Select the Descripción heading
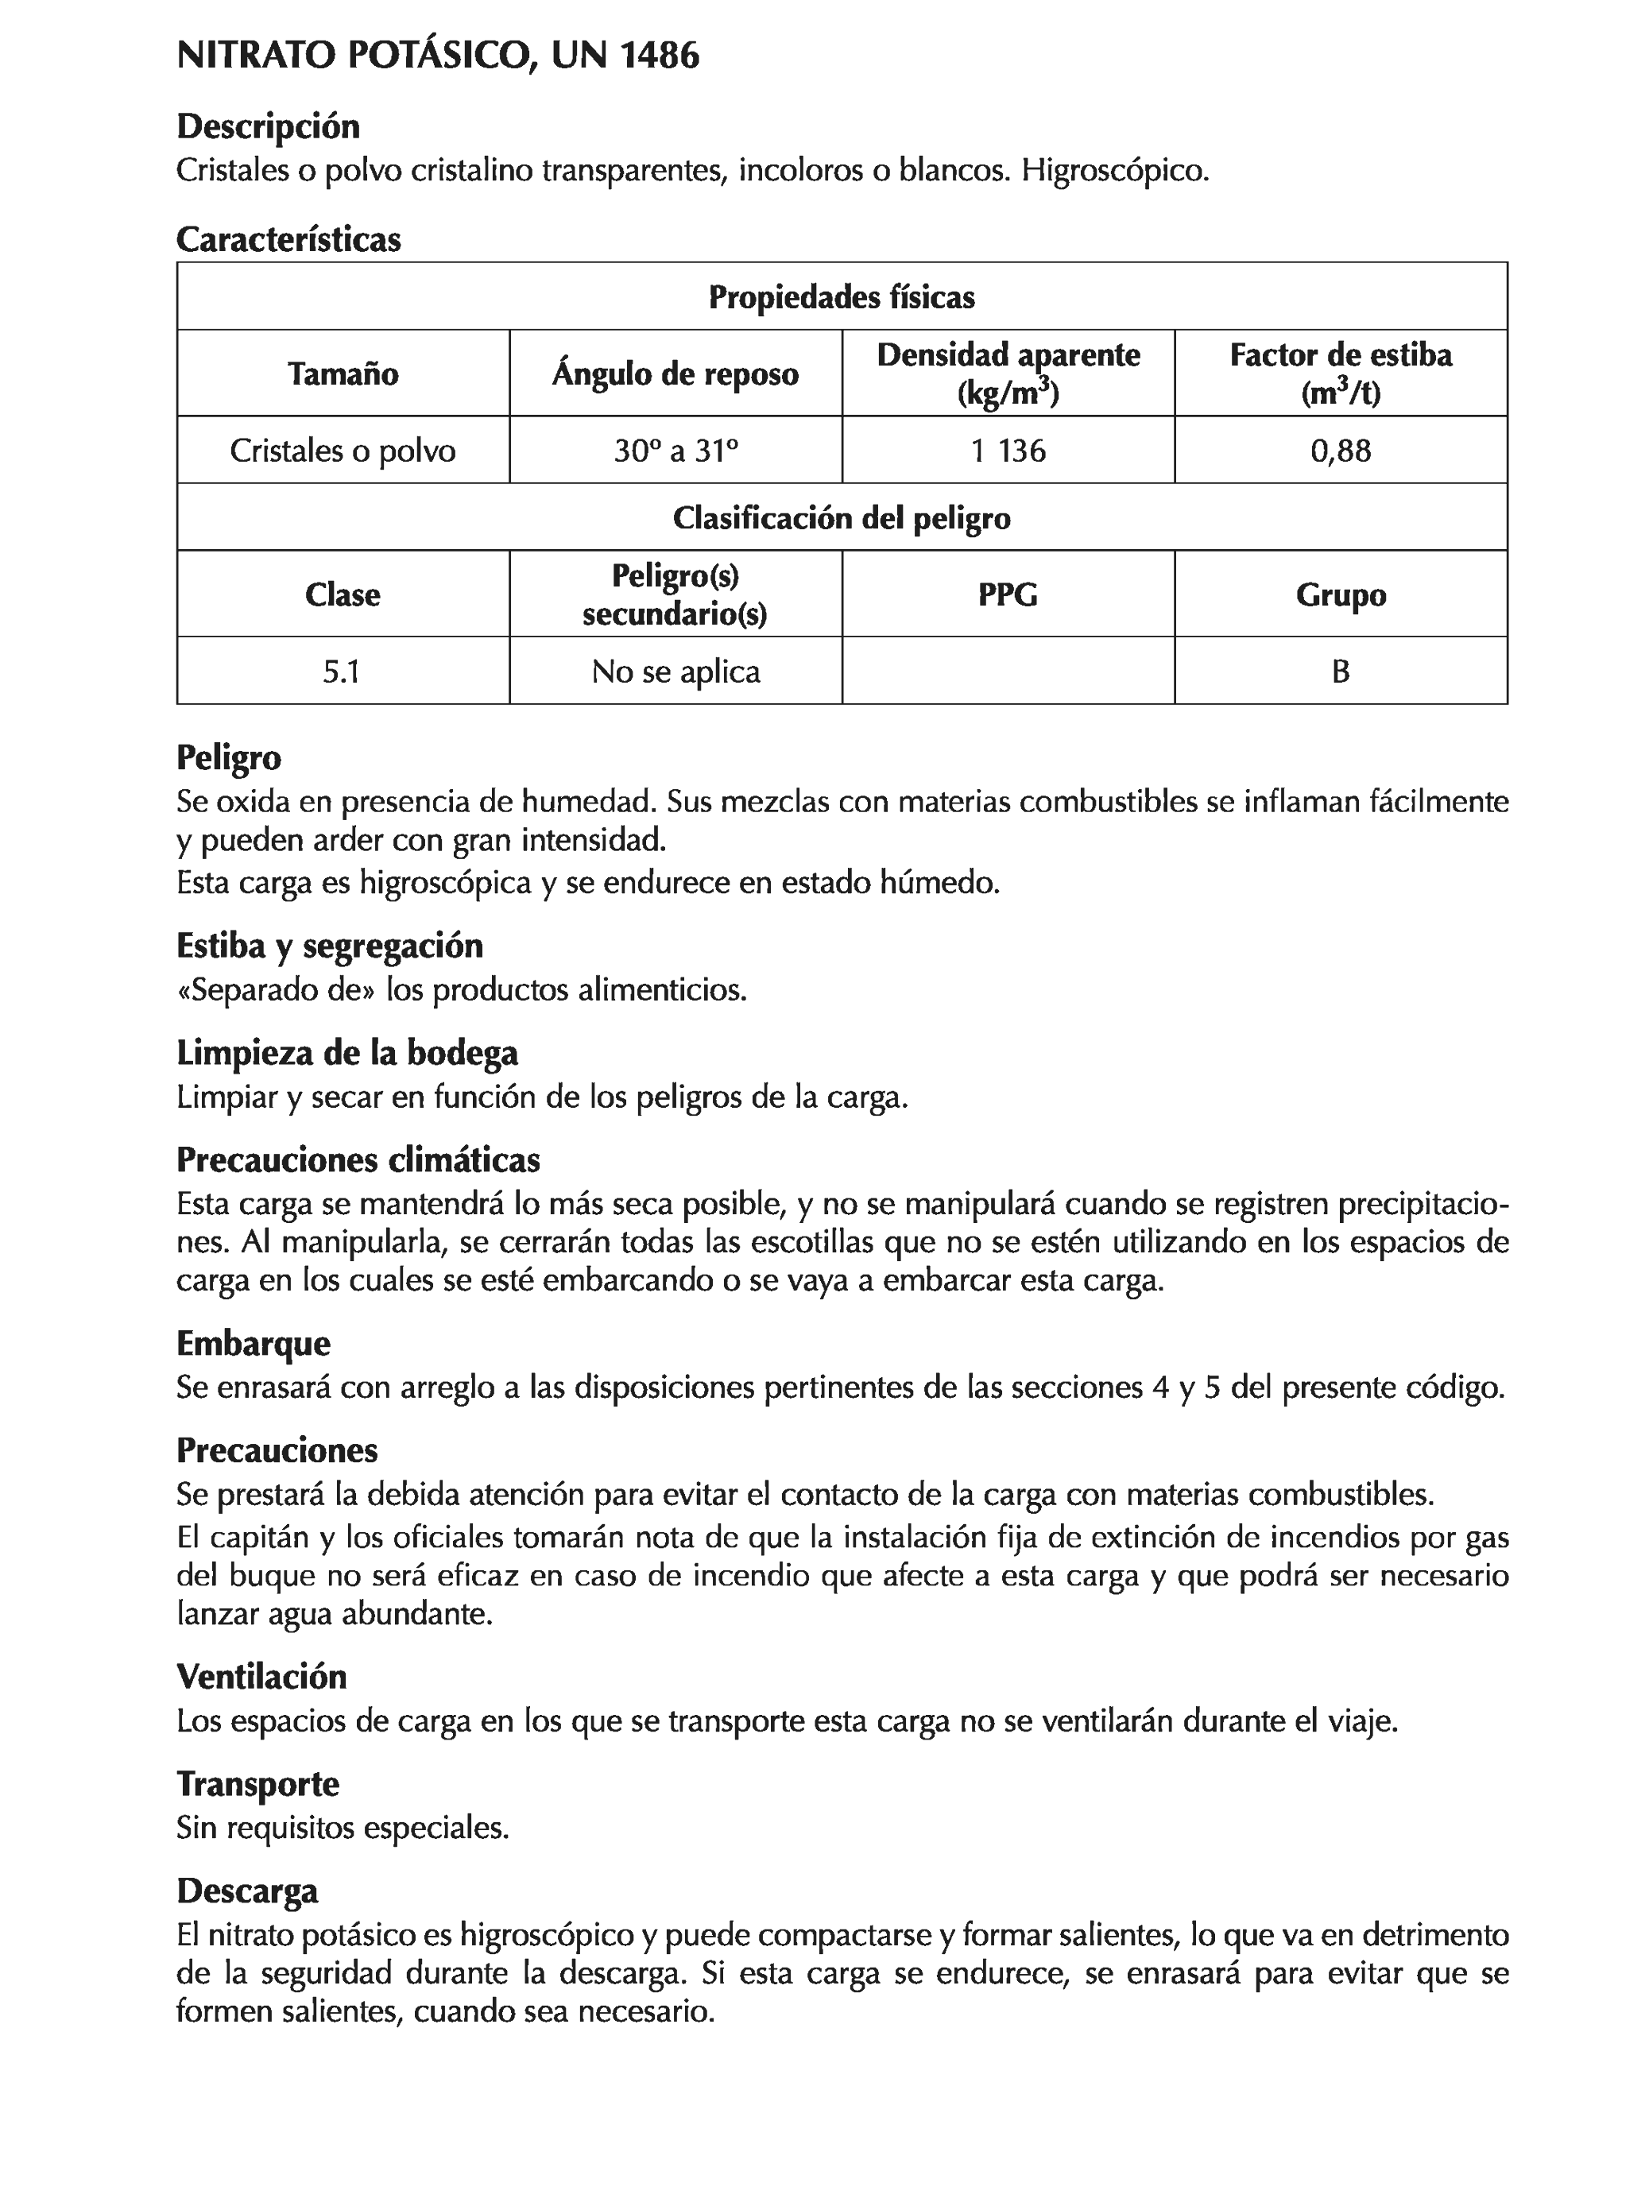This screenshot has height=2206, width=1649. [x=267, y=126]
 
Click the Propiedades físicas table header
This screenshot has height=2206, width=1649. [x=841, y=297]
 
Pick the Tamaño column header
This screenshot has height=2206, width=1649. [x=343, y=374]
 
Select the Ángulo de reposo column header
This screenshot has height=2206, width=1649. [x=675, y=374]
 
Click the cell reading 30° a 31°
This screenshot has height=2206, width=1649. [x=675, y=451]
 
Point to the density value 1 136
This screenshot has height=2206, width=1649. [x=1008, y=451]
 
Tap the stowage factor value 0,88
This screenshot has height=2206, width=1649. [x=1340, y=451]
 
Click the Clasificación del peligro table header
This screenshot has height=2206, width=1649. [x=841, y=517]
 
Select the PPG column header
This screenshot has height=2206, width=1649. [x=1008, y=594]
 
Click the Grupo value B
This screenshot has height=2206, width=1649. [x=1340, y=671]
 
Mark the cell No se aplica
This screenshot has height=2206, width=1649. [x=675, y=671]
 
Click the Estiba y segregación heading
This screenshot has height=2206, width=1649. [x=329, y=946]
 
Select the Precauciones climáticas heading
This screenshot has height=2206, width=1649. [x=358, y=1160]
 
